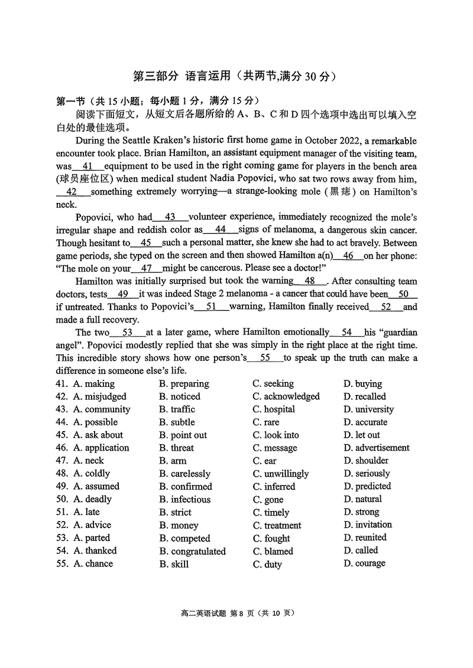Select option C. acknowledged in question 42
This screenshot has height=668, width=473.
click(x=286, y=396)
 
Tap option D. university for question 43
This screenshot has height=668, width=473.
click(x=368, y=409)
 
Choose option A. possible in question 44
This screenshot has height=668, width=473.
click(x=95, y=422)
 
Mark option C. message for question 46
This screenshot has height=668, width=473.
click(x=275, y=448)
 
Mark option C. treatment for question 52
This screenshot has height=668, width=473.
click(x=277, y=526)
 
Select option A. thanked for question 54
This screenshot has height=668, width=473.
click(x=95, y=551)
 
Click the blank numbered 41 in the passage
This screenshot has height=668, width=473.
click(x=88, y=167)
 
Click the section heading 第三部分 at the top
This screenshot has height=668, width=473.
click(x=155, y=76)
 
